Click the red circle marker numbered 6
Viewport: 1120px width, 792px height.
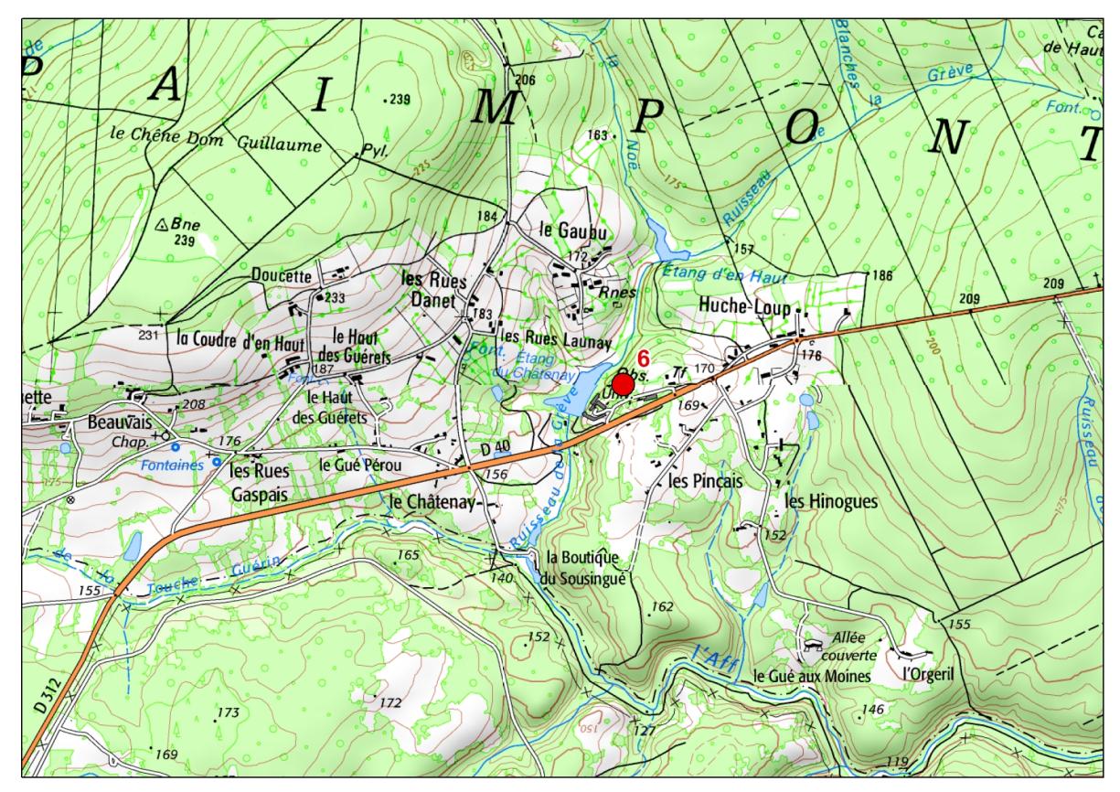622,385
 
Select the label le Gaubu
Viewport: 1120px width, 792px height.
573,230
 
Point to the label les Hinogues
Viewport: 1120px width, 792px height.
830,501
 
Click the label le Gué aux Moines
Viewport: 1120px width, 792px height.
812,676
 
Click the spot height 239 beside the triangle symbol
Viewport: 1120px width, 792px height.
185,241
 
